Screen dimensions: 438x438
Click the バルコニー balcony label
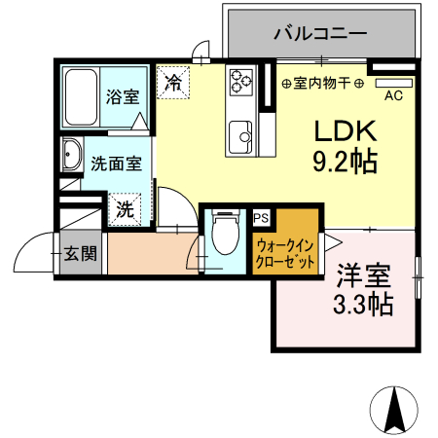(320, 33)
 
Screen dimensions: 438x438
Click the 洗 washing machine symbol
(126, 207)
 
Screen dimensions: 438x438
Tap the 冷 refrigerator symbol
(172, 82)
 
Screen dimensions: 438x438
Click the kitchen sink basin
(239, 131)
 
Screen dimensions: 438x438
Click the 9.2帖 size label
(343, 162)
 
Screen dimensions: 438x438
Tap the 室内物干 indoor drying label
(322, 85)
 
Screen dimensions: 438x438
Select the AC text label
(394, 96)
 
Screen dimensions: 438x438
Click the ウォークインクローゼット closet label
(284, 254)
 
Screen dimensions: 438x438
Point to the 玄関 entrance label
(80, 254)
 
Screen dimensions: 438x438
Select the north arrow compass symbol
(397, 408)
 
